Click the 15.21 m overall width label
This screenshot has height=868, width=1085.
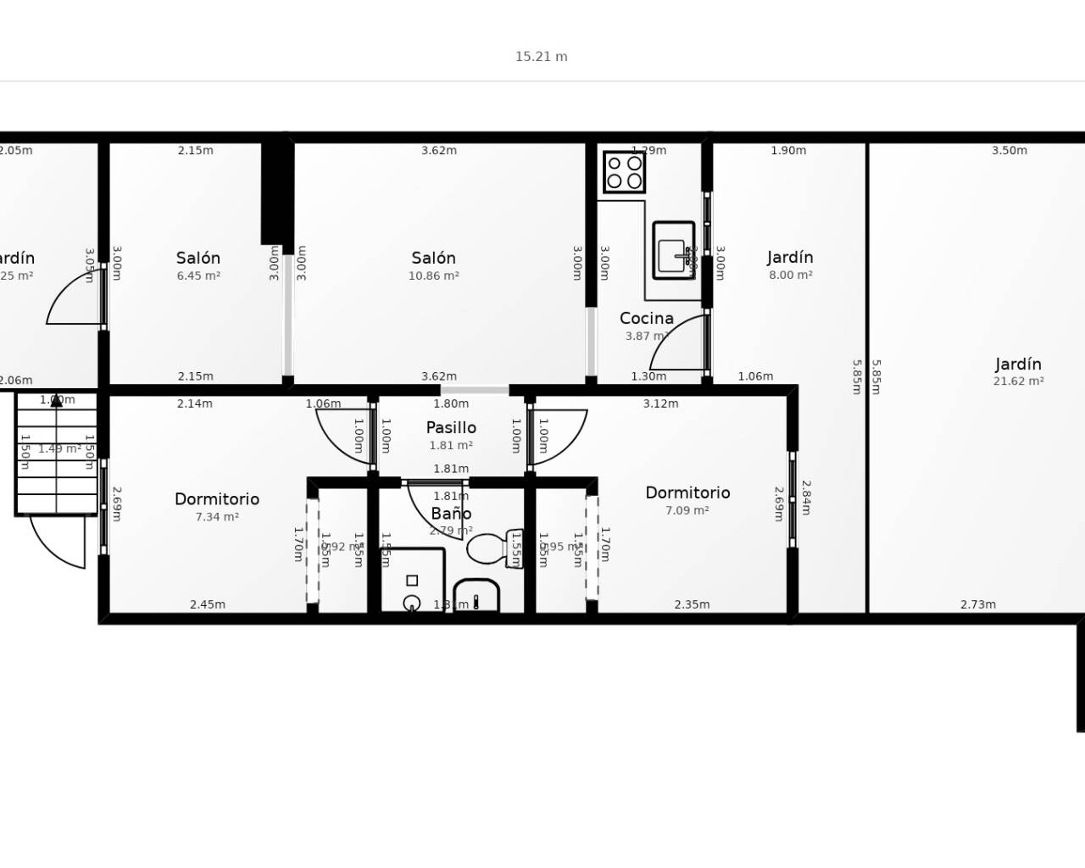[x=541, y=57]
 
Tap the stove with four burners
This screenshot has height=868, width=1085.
[x=624, y=171]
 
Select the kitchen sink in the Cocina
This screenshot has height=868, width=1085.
[x=674, y=250]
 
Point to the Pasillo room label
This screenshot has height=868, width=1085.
[x=451, y=428]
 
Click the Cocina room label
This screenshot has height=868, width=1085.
[x=647, y=319]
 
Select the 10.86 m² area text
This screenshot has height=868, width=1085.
[x=434, y=276]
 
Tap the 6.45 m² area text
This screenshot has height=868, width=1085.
[x=198, y=276]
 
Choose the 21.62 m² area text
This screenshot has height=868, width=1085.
[x=1018, y=381]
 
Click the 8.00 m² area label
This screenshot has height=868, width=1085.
[x=790, y=275]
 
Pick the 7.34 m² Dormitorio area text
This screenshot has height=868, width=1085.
[x=217, y=517]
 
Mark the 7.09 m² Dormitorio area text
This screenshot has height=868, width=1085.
[x=687, y=511]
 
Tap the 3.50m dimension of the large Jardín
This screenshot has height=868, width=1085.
[x=1010, y=151]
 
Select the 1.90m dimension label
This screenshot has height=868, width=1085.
[x=788, y=151]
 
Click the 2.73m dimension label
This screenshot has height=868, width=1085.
[x=978, y=605]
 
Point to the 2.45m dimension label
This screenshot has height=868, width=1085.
[x=208, y=605]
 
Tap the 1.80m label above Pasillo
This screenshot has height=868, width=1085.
[x=451, y=404]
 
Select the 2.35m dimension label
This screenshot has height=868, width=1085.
[x=692, y=605]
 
